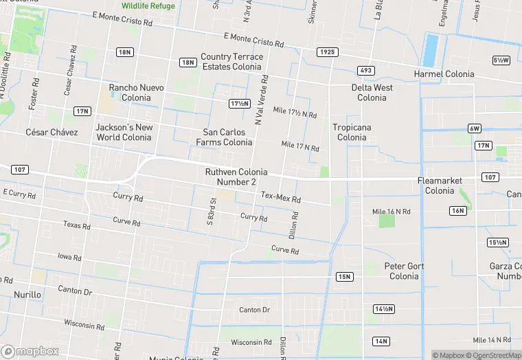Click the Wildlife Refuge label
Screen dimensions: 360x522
tap(148, 5)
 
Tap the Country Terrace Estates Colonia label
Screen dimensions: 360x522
tap(231, 62)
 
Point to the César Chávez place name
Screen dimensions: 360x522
tap(52, 132)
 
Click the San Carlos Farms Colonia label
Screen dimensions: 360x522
tap(223, 137)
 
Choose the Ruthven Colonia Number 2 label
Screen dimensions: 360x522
tap(236, 177)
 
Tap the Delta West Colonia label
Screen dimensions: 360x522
tap(372, 93)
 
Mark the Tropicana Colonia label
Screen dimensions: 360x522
tap(352, 132)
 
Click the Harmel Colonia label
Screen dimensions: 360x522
tap(444, 74)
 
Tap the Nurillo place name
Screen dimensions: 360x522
tap(27, 295)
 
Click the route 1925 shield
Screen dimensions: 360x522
tap(328, 52)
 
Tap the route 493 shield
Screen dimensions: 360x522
tap(365, 71)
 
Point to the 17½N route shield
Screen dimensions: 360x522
tap(239, 103)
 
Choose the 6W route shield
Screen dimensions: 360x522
tap(475, 128)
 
